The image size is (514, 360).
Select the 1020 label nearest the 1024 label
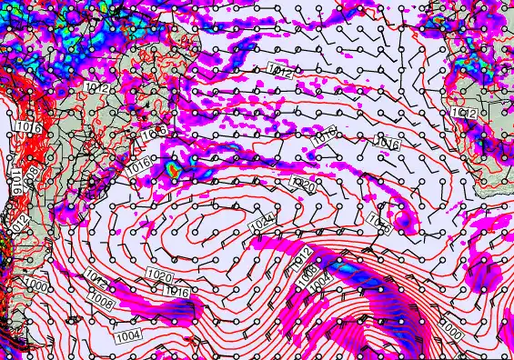(303, 185)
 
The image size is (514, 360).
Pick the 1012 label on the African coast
(463, 112)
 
